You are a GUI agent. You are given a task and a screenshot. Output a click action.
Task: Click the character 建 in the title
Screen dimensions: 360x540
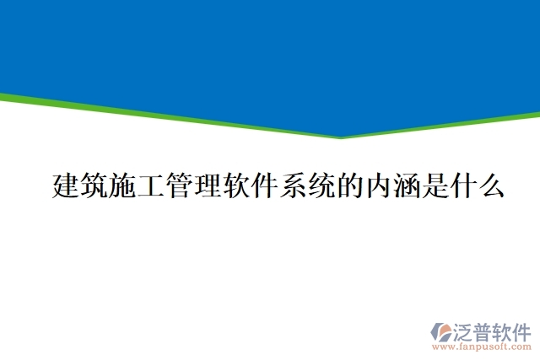[67, 185]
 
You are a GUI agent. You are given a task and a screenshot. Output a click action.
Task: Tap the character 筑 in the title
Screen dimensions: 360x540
[94, 185]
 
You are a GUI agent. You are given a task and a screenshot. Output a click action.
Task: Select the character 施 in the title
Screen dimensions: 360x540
[123, 185]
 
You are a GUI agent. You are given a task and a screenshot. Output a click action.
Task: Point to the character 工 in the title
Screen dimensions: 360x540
[152, 185]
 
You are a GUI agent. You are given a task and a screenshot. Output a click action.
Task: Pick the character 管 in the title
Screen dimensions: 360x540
[180, 185]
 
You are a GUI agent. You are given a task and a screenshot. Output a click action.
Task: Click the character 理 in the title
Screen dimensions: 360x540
[208, 185]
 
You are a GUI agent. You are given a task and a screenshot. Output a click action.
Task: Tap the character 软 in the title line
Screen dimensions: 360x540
[236, 185]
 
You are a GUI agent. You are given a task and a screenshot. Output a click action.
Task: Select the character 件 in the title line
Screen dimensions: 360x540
[265, 185]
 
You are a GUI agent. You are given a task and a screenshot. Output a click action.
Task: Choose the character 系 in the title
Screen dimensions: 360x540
[293, 185]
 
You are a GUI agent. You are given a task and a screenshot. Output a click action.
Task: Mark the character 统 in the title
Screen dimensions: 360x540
[321, 185]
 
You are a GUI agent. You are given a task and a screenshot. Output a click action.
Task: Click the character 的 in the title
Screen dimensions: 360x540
[349, 185]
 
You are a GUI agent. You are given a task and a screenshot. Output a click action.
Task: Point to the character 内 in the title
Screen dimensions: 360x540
[378, 185]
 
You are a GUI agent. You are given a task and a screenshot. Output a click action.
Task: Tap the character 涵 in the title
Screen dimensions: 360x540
[406, 185]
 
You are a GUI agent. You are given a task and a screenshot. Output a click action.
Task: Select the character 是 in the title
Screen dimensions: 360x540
[435, 185]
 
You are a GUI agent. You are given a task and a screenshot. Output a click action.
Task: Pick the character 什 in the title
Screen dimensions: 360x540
[462, 185]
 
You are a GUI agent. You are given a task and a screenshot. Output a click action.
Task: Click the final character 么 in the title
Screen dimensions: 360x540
[491, 185]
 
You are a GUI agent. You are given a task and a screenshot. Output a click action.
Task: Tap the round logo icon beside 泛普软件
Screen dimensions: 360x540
[441, 330]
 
